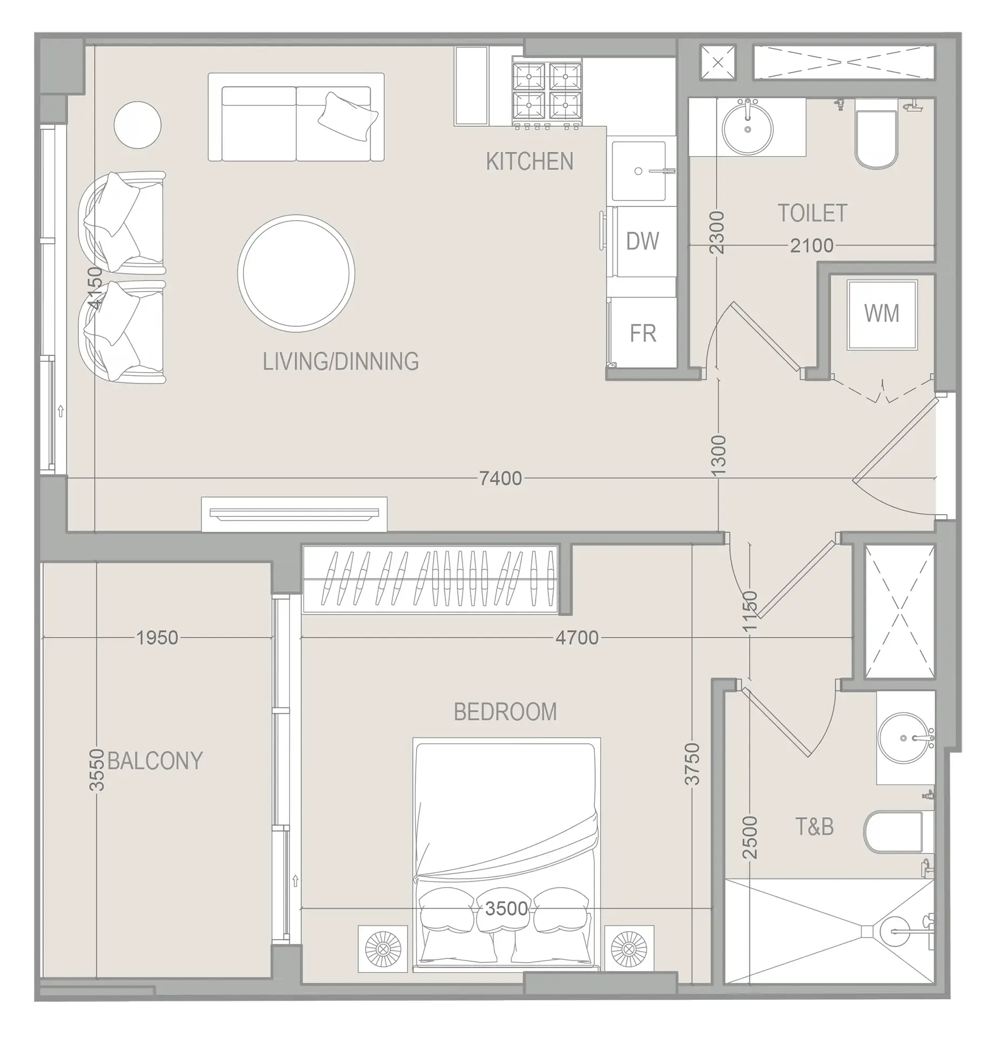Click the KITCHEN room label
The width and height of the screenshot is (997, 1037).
pos(529,162)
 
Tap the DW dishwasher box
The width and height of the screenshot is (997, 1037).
pos(642,241)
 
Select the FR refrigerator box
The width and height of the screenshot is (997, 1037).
pos(642,333)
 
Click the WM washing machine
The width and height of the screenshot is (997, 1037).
pos(881,314)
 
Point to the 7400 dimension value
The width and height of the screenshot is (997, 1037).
pos(500,479)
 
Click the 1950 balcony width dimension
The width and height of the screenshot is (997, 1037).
pos(157,638)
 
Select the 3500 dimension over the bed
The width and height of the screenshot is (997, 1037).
pos(506,908)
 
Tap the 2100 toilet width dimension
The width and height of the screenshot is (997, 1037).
pos(811,246)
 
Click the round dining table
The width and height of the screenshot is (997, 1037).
pos(296,273)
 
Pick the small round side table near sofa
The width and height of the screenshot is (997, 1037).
pos(137,125)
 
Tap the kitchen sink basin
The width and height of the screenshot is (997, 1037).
pos(639,171)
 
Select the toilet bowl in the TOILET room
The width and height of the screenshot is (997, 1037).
pos(877,140)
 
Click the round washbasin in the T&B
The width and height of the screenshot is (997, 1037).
pos(904,738)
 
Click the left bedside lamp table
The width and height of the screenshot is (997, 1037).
pos(383,949)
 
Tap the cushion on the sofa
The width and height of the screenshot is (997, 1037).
pos(348,116)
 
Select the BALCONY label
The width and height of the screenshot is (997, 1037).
pos(155,761)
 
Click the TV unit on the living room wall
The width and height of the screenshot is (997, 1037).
pos(294,514)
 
